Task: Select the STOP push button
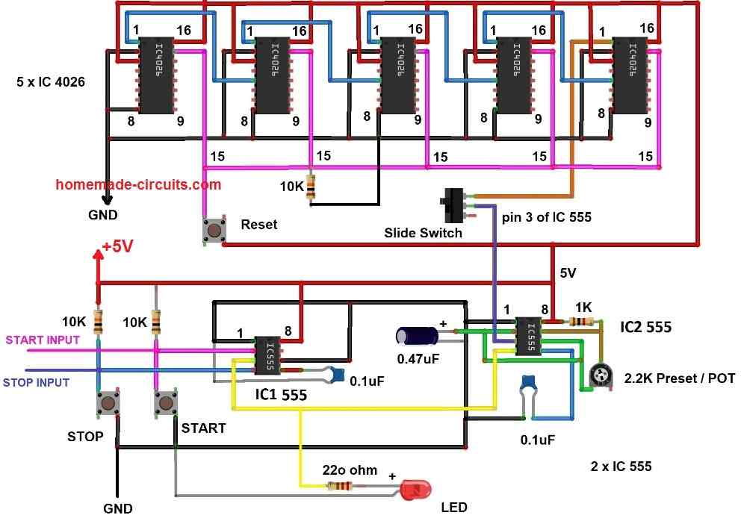click(x=110, y=405)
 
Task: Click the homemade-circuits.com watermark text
click(x=139, y=184)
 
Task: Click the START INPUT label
click(x=43, y=340)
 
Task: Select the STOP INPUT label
click(x=35, y=382)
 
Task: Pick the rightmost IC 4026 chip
click(x=630, y=75)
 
